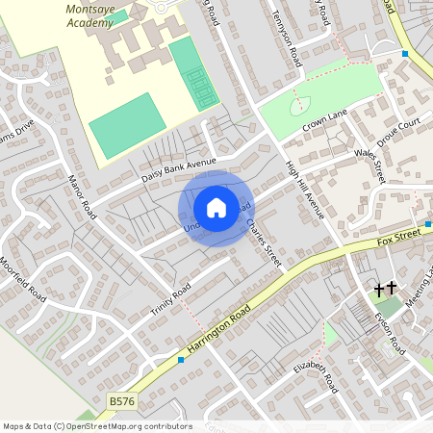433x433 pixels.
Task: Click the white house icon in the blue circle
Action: pos(216,208)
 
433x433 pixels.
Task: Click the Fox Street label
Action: pos(399,235)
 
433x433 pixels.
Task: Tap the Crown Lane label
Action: pos(324,120)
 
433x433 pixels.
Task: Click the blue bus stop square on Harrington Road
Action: pos(181,360)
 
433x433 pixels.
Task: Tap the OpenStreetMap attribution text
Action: pos(97,425)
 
